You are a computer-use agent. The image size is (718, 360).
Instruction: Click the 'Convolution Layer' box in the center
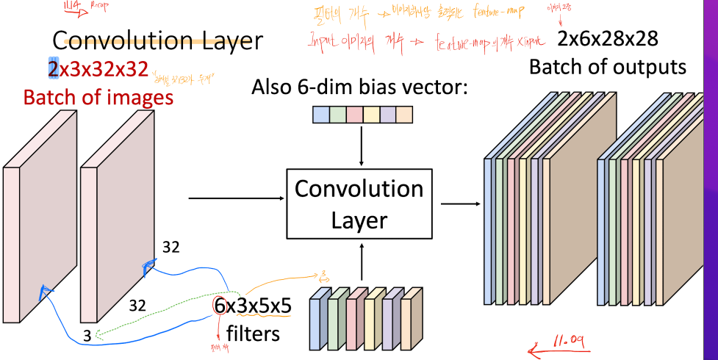[359, 204]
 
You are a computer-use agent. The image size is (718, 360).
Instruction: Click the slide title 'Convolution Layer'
[157, 40]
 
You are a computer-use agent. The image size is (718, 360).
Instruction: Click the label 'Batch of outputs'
[608, 67]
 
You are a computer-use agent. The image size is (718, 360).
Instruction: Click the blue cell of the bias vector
[321, 115]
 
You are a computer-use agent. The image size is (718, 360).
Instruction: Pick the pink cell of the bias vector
[354, 115]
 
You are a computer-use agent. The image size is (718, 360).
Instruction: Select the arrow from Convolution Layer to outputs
[456, 204]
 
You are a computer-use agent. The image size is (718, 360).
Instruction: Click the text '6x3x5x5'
[253, 306]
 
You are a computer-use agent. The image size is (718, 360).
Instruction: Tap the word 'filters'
[253, 333]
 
